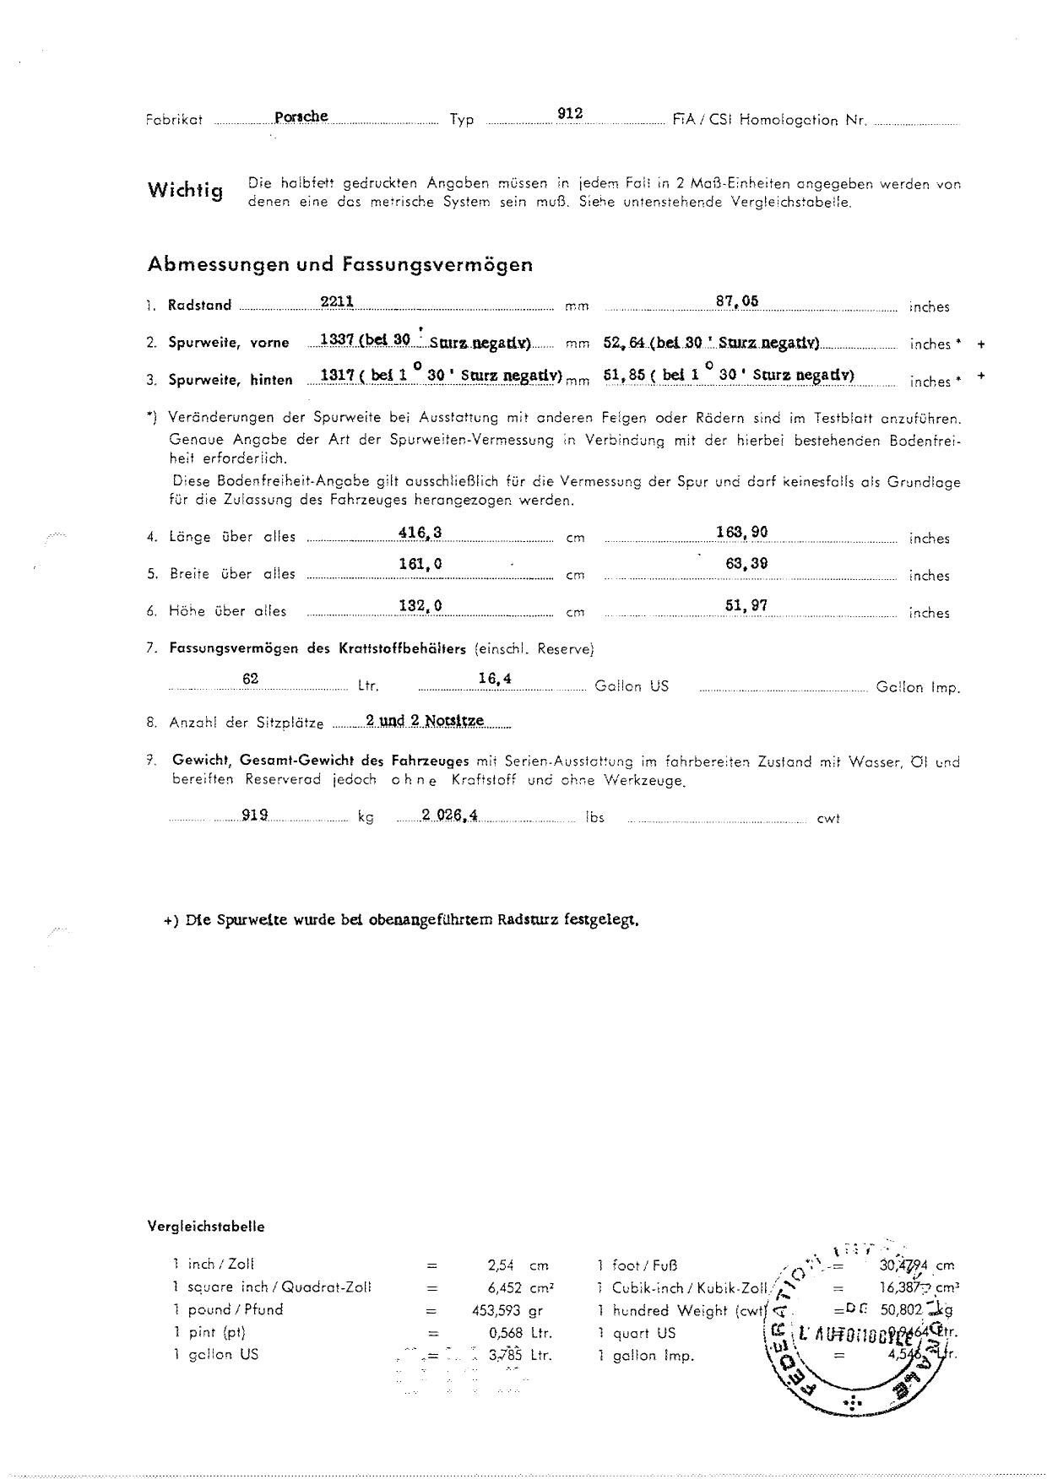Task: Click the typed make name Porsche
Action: [301, 116]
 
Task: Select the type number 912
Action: [571, 113]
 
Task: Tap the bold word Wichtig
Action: [186, 190]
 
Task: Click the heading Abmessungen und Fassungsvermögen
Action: [340, 264]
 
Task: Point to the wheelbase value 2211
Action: [337, 301]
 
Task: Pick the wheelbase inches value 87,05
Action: [737, 301]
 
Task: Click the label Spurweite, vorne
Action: [228, 343]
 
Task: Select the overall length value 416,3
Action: [420, 532]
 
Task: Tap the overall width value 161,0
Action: [420, 564]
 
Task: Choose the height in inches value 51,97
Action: [746, 605]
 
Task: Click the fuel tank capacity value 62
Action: [250, 679]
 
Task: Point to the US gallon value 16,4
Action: [495, 679]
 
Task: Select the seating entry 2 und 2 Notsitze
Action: [425, 720]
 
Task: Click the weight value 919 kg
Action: [255, 815]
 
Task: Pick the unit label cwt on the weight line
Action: [827, 818]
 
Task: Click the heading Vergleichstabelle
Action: [206, 1227]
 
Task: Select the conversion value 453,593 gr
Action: [506, 1311]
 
